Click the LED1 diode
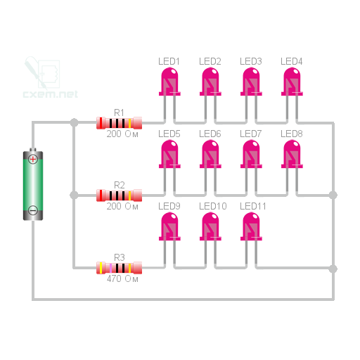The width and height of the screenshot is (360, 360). click(169, 82)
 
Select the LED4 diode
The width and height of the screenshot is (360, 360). click(292, 82)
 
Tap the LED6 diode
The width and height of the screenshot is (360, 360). click(210, 154)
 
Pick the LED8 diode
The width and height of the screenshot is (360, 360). click(292, 154)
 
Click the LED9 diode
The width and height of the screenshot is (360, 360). click(169, 226)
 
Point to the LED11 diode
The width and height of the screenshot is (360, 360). click(251, 226)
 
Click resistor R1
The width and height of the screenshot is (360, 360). click(119, 123)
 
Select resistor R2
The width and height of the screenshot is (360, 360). click(119, 195)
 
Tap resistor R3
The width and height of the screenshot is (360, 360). click(119, 268)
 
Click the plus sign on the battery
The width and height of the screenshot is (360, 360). click(33, 159)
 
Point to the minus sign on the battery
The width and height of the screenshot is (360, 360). click(33, 210)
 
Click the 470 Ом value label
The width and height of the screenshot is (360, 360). click(122, 279)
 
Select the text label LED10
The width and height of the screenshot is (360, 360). click(213, 206)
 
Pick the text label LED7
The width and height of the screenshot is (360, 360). click(250, 134)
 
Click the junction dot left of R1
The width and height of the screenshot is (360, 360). click(74, 122)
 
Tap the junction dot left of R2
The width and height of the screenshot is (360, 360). click(74, 195)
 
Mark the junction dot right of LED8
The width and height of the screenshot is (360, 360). click(333, 195)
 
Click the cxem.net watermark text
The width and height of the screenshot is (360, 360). click(51, 94)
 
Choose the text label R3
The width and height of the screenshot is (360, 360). click(119, 257)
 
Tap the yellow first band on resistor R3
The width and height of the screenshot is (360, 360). click(101, 268)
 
